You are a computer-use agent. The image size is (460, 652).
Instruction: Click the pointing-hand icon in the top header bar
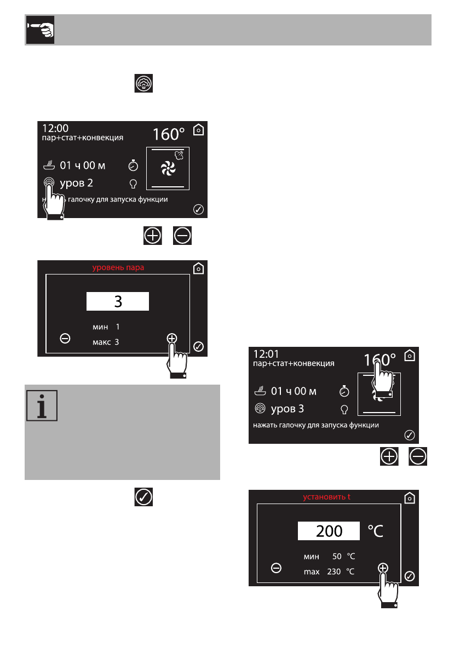click(38, 30)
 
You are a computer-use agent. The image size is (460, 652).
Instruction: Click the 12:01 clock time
click(266, 354)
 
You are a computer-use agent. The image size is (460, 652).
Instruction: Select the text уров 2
click(76, 182)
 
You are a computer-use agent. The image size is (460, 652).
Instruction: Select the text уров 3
click(287, 409)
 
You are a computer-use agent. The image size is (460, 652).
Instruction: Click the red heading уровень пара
click(118, 267)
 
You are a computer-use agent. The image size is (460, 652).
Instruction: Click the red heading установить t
click(327, 497)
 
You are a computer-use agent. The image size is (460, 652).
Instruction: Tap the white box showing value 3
click(118, 302)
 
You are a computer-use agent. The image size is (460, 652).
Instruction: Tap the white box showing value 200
click(329, 531)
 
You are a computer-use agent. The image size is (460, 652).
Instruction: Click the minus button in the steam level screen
click(65, 339)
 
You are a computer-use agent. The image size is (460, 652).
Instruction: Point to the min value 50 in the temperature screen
click(337, 557)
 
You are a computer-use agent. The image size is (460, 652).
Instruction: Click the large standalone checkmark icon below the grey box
click(143, 497)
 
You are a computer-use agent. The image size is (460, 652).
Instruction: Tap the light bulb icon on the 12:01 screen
click(344, 409)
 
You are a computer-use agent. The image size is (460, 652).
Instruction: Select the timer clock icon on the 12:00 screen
click(133, 165)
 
